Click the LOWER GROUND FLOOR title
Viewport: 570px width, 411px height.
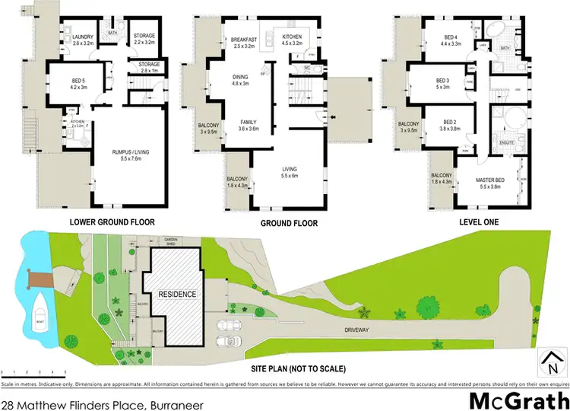coord(112,222)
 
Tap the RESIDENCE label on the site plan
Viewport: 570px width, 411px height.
coord(177,295)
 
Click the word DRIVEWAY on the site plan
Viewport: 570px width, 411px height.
coord(353,330)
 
